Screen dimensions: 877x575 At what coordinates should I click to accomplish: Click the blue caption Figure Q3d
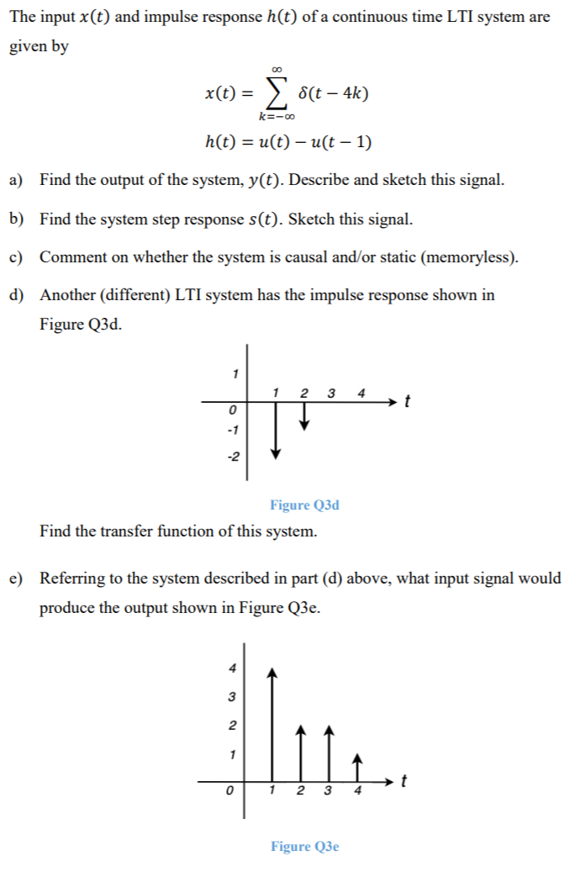(x=304, y=505)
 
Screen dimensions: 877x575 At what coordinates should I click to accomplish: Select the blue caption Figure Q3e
(x=304, y=847)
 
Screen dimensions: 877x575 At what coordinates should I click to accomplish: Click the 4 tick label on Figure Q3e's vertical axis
(x=233, y=668)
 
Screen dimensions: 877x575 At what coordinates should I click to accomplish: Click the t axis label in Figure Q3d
(x=408, y=401)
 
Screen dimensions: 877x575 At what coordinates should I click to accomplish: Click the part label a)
(x=16, y=180)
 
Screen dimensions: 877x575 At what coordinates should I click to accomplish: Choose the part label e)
(x=16, y=579)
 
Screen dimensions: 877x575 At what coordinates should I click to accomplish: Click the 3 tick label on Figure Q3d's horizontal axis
(x=331, y=393)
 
